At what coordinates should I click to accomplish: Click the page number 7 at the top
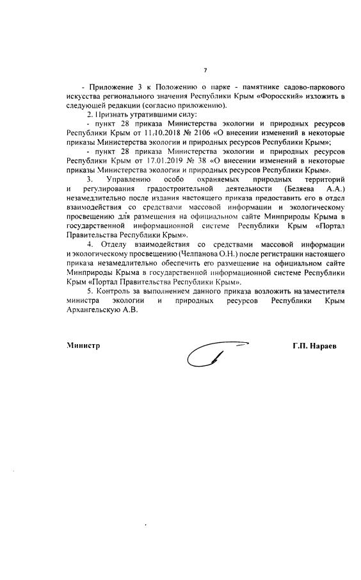[204, 70]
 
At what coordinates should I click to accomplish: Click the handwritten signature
[211, 349]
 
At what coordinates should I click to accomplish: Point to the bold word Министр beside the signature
[84, 346]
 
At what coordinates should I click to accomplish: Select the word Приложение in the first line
[114, 86]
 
